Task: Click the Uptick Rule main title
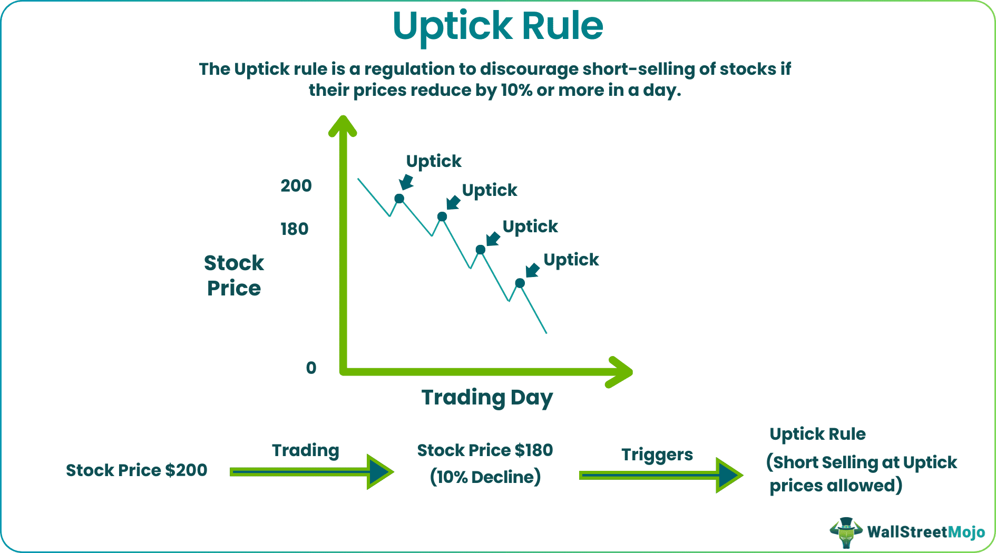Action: (x=497, y=26)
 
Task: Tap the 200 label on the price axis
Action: (x=296, y=186)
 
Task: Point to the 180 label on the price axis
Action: (x=294, y=229)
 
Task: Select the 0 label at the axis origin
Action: (x=311, y=368)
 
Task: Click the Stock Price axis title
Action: (x=233, y=275)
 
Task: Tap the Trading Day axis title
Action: (x=487, y=398)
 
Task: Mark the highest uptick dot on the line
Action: (x=399, y=199)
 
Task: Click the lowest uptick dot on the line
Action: (x=520, y=283)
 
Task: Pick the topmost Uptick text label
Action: (x=433, y=161)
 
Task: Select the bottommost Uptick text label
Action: (x=571, y=260)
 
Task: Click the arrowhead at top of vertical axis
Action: (x=343, y=125)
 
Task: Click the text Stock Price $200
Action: (x=136, y=470)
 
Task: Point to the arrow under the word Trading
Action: (x=311, y=472)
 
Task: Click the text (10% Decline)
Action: (x=485, y=477)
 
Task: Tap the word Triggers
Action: (x=657, y=455)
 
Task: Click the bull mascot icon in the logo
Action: (x=846, y=532)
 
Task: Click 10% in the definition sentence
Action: (x=516, y=91)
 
